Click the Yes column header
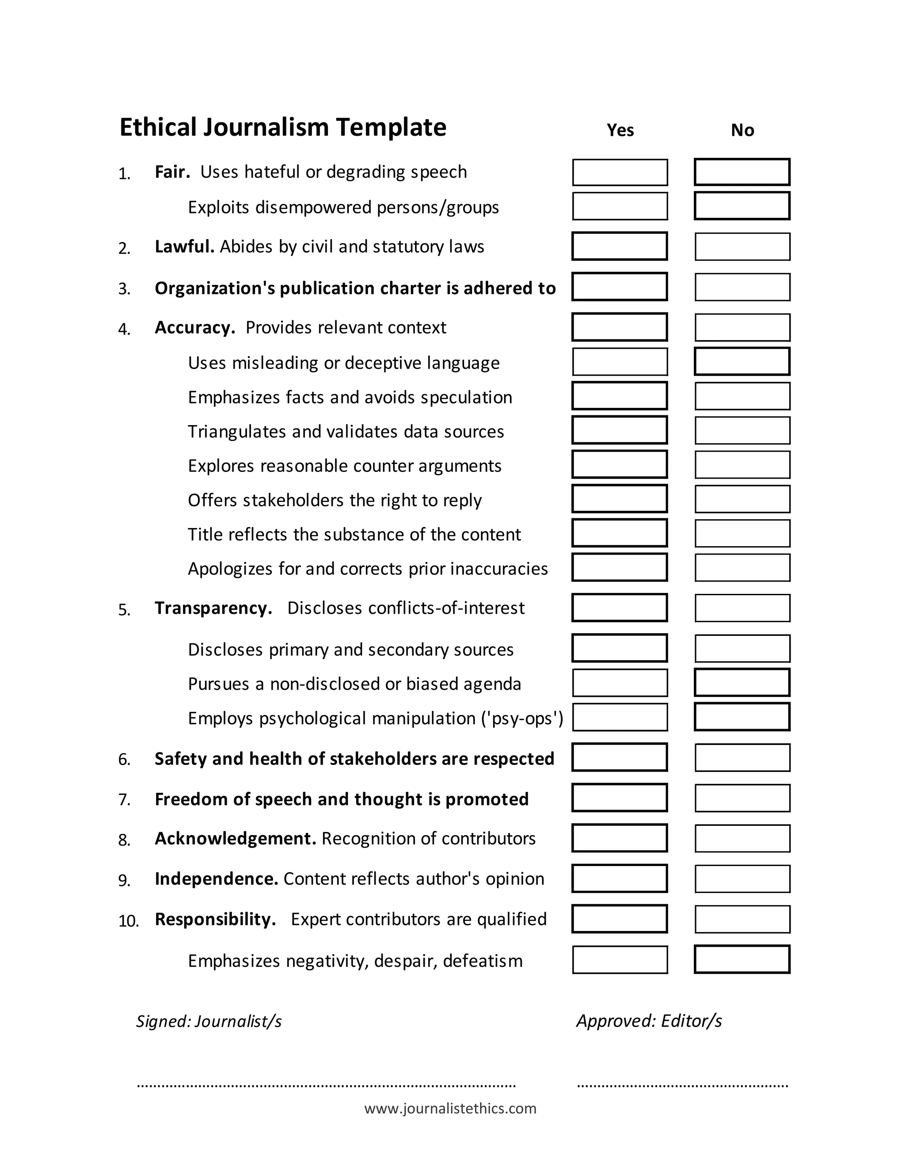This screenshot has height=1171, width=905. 620,130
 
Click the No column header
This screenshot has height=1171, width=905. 742,130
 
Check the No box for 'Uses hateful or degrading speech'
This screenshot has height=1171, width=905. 742,172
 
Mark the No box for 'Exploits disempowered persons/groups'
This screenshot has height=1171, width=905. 742,206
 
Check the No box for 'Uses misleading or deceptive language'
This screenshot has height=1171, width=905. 742,361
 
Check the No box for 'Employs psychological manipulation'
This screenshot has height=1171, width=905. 742,717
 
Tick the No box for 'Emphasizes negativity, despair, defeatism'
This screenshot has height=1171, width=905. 742,959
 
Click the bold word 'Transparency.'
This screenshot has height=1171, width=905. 213,608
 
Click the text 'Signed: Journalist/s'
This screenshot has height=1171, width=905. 209,1021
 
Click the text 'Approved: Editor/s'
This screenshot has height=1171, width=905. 649,1020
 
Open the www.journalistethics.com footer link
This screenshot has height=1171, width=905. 450,1108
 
